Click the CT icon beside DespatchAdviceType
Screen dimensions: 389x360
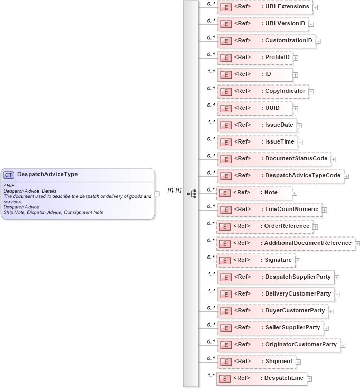[9, 175]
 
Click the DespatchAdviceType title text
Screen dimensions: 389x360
[48, 174]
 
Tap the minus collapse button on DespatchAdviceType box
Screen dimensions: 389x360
[157, 194]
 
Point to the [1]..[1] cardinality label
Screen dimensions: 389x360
[174, 190]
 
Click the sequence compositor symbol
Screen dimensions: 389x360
[191, 194]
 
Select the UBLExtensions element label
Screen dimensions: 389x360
[287, 7]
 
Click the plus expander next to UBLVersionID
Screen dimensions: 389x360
[311, 24]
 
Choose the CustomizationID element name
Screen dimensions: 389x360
[289, 41]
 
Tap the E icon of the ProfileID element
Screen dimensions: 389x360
[225, 58]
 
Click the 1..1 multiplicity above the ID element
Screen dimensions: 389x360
[211, 71]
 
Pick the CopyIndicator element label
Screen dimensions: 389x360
[285, 91]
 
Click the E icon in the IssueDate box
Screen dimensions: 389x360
[225, 125]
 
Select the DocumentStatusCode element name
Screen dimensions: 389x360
[296, 159]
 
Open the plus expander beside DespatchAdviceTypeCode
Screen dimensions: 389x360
[346, 176]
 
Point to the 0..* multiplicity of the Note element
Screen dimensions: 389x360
[211, 189]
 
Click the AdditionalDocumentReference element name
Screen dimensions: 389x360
[308, 243]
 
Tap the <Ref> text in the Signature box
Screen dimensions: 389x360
[242, 260]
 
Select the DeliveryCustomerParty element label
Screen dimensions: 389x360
[298, 294]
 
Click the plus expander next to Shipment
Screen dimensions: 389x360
[299, 362]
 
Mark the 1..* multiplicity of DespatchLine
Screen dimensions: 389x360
[211, 375]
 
